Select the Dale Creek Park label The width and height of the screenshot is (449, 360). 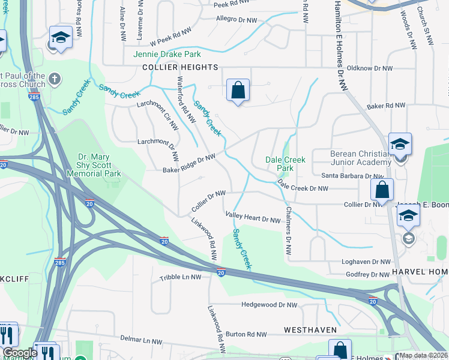click(286, 164)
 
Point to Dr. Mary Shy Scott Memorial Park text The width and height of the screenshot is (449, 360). click(100, 165)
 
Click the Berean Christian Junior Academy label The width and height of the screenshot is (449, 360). click(360, 158)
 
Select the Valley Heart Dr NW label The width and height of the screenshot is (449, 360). click(253, 217)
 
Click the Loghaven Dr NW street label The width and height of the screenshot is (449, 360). click(366, 262)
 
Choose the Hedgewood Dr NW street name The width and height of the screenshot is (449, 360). click(269, 305)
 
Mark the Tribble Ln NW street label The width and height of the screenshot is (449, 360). click(180, 278)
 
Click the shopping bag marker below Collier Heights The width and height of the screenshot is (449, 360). click(238, 91)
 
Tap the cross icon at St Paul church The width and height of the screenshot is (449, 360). click(54, 78)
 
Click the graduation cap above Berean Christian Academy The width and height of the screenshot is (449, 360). click(400, 145)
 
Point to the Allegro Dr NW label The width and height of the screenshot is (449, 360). click(236, 20)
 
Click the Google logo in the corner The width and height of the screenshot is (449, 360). click(20, 353)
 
